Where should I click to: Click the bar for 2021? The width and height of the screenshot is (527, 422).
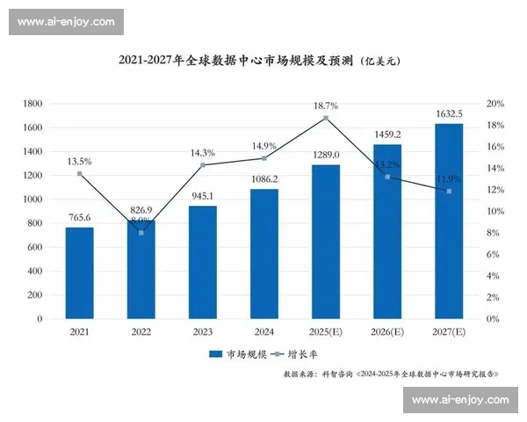point(79,273)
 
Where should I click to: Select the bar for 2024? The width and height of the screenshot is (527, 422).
point(263,254)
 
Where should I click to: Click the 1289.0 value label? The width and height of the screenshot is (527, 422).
point(326,155)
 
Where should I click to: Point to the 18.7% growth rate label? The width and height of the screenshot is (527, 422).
point(326,105)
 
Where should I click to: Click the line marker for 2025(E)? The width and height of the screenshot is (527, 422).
point(326,118)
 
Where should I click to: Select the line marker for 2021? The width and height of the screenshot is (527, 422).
point(79,173)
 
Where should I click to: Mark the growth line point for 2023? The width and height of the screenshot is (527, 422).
point(202,165)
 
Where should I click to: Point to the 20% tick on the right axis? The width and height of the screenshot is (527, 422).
point(495,104)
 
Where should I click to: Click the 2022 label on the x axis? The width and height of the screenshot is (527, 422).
point(141,332)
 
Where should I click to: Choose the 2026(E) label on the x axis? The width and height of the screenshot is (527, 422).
point(387,332)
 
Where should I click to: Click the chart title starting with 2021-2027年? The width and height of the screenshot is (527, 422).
point(236,61)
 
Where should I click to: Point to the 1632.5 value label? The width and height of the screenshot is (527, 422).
point(449,113)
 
